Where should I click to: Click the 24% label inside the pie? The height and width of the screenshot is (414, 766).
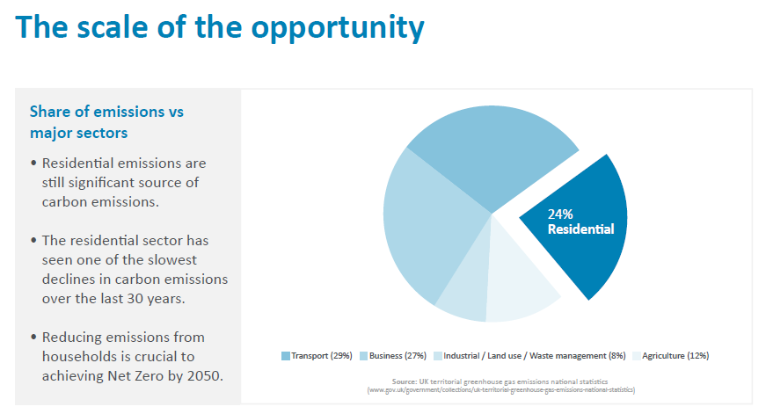[x=560, y=214]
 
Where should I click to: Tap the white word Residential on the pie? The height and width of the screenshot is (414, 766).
[x=580, y=229]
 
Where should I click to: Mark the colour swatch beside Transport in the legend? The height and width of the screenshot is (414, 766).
[x=286, y=356]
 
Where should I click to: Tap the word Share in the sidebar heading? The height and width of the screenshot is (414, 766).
[x=50, y=112]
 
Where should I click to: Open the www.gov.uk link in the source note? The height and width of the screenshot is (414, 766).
[x=502, y=389]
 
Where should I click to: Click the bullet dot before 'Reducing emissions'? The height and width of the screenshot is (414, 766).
[x=33, y=337]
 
